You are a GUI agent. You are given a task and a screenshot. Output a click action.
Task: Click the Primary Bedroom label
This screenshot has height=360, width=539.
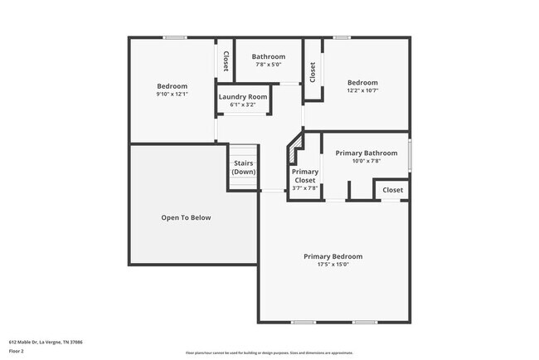point(333,256)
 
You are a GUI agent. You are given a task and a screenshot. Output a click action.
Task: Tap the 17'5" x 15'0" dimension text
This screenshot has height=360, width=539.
point(333,265)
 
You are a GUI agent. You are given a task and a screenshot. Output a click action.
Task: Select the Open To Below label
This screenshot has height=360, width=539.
point(186,217)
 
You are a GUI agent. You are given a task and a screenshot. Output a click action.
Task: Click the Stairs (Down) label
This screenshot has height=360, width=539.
point(243,168)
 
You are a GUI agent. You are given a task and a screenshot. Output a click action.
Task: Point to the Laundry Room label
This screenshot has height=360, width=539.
point(243,97)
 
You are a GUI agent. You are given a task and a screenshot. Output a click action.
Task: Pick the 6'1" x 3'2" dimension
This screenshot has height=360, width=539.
point(243,105)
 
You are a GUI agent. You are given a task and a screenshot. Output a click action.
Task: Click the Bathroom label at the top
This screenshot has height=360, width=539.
point(269,56)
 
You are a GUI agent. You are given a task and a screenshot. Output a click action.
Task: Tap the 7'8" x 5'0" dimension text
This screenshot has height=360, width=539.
point(269,65)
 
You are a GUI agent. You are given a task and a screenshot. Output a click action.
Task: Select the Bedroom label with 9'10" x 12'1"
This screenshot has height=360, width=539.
point(172,86)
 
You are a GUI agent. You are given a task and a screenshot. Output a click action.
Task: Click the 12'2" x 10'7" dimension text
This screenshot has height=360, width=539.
point(362,90)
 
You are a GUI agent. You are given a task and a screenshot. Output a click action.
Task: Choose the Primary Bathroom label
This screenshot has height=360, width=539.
point(366,153)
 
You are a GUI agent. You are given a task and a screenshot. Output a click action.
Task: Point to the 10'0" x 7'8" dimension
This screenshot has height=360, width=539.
point(366,161)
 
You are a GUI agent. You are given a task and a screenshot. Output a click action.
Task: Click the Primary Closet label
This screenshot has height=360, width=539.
point(305,176)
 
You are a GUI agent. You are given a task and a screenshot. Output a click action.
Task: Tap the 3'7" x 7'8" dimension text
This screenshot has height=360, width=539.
point(305,188)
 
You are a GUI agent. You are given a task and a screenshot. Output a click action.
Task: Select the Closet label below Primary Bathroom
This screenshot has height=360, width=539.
point(393,190)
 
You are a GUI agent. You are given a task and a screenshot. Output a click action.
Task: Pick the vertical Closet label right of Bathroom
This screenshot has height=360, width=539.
point(313,73)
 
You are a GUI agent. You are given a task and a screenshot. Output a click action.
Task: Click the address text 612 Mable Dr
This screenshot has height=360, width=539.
point(46,342)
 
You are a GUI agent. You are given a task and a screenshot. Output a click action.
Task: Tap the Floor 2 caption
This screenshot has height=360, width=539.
point(17,351)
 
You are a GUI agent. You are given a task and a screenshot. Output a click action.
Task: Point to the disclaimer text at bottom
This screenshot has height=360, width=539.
point(269,353)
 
